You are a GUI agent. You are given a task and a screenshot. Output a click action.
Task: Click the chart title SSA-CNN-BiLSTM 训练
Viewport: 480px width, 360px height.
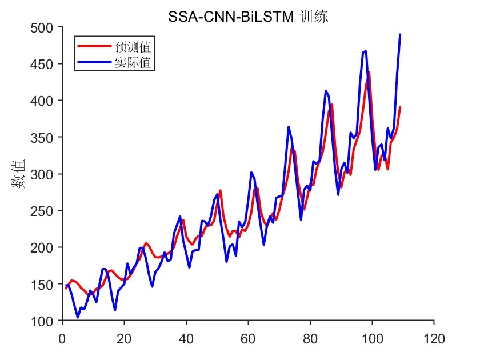pos(248,18)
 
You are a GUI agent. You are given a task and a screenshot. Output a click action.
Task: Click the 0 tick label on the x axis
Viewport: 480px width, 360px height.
pos(62,338)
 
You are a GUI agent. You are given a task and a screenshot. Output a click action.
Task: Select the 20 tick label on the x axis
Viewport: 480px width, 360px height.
pos(124,338)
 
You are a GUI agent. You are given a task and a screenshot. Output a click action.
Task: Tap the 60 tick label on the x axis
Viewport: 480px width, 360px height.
pos(248,338)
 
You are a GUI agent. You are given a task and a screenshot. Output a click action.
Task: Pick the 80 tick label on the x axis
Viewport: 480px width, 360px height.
pos(310,338)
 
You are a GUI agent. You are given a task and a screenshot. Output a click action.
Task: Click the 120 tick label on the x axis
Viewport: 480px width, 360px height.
pos(434,338)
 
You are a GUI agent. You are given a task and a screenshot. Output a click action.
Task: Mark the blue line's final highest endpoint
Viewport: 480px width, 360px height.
pos(400,35)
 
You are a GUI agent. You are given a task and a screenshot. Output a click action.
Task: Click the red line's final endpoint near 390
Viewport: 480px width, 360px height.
pos(400,107)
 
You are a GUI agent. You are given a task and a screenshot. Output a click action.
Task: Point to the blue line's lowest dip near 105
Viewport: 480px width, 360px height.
pos(78,317)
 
